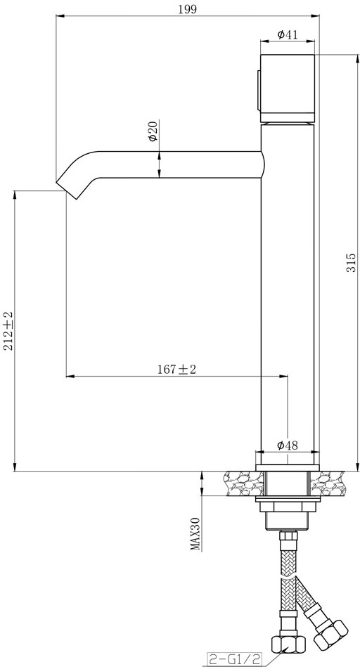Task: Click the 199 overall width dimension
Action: coord(188,9)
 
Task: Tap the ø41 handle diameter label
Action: coord(288,34)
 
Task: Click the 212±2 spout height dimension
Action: coord(9,331)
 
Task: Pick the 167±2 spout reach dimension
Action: coord(176,370)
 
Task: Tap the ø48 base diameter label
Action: coord(288,445)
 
